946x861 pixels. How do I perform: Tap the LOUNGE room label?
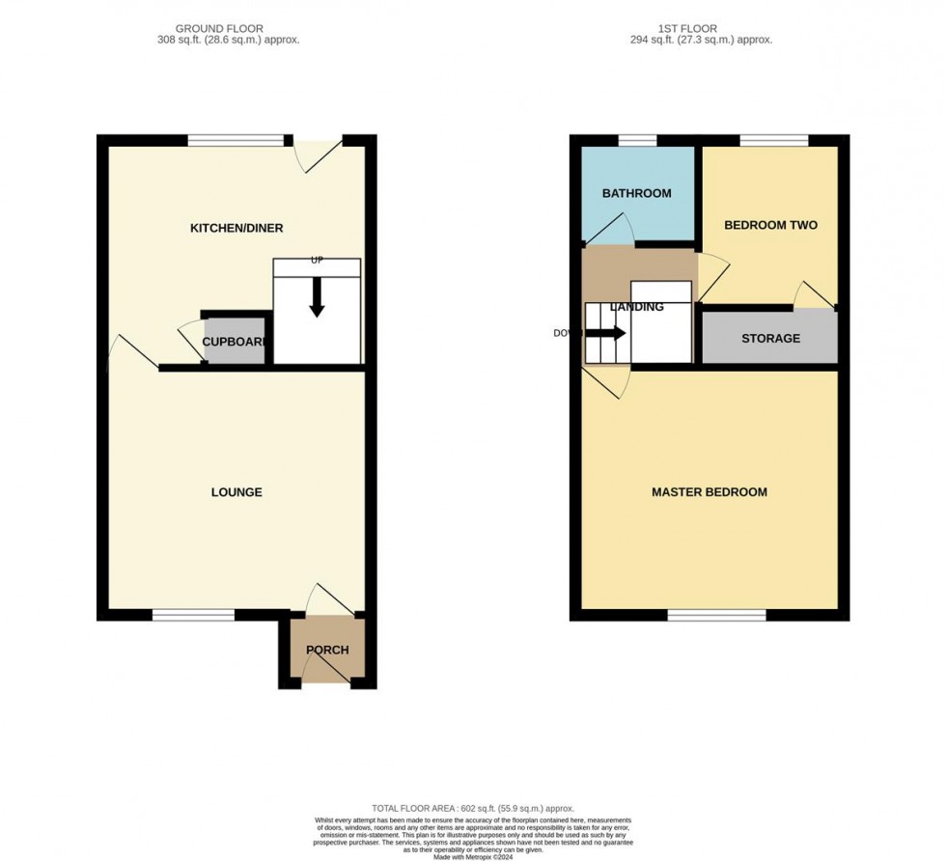click(x=236, y=492)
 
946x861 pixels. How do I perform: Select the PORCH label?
click(x=327, y=650)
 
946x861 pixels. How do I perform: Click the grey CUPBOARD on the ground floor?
click(x=235, y=343)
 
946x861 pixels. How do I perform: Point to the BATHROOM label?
click(x=636, y=193)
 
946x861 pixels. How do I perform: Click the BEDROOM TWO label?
click(x=770, y=225)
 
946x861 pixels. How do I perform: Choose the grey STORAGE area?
click(x=770, y=339)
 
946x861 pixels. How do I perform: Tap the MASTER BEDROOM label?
click(x=709, y=492)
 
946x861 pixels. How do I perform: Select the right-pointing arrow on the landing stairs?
click(x=606, y=334)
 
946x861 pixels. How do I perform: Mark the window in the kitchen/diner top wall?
click(x=236, y=140)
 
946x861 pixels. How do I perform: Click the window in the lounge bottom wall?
click(x=193, y=615)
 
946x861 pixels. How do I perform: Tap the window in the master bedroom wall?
click(x=717, y=615)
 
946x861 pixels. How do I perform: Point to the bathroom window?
click(x=636, y=140)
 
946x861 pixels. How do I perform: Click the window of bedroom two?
click(x=774, y=140)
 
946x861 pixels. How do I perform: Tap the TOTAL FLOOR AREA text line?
click(x=473, y=808)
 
